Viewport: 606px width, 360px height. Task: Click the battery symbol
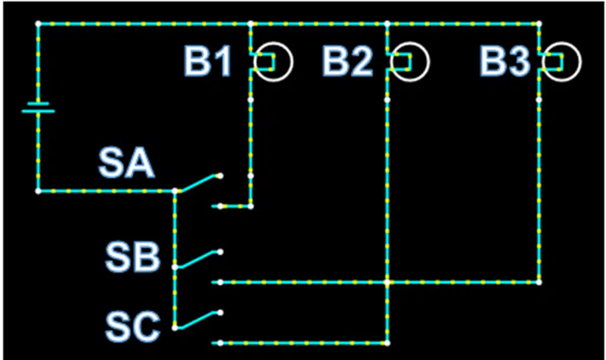[38, 107]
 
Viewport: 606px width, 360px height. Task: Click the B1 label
[208, 61]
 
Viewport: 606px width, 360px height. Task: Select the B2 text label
[347, 61]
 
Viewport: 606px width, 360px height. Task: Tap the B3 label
[504, 61]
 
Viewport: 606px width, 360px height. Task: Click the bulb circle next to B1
[292, 62]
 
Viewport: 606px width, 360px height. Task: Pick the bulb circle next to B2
[429, 62]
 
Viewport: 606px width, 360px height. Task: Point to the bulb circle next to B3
[581, 62]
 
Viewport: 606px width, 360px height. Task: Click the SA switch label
[126, 163]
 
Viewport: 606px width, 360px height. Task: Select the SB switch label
[132, 257]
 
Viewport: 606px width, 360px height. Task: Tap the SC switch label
[132, 327]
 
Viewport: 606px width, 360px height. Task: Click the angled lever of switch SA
[197, 183]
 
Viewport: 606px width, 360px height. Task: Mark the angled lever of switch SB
[197, 259]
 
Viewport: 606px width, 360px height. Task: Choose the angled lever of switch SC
[197, 320]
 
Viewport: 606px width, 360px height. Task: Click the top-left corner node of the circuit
[38, 24]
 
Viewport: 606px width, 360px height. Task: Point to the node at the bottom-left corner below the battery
[38, 191]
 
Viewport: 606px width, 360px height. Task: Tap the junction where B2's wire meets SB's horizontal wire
[387, 283]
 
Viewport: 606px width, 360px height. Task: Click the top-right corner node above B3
[539, 24]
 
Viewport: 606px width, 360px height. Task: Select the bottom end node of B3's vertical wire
[539, 283]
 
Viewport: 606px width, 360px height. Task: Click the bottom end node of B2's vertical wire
[387, 343]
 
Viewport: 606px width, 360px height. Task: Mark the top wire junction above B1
[251, 24]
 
